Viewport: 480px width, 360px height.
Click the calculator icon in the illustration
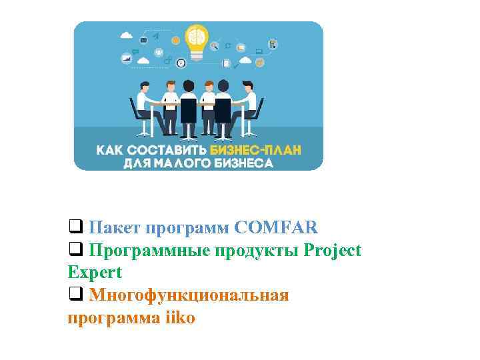[273, 45]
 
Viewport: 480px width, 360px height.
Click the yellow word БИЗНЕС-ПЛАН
[255, 150]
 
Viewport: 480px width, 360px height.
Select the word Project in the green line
[332, 251]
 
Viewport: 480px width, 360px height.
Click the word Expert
[95, 272]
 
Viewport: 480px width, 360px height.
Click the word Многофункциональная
[189, 295]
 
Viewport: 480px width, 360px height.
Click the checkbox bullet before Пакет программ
[75, 227]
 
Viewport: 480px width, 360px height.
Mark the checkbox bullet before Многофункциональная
[75, 294]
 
